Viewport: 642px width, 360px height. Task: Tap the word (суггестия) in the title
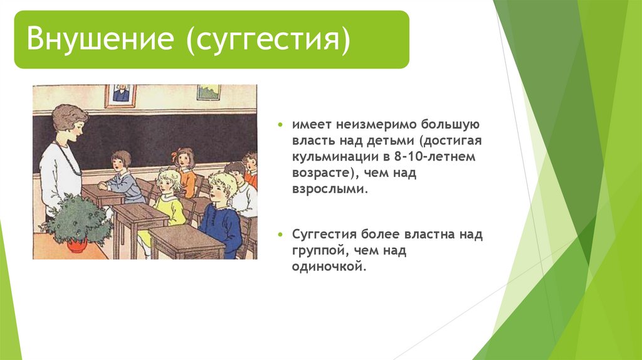click(x=268, y=40)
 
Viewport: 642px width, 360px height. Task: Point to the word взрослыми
click(x=330, y=190)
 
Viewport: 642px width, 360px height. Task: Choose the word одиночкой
click(x=329, y=267)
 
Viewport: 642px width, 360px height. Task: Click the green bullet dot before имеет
click(x=280, y=124)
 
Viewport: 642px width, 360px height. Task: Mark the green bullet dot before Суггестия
click(x=280, y=235)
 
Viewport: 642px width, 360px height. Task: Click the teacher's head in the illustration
click(x=70, y=122)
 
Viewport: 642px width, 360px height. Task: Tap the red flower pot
click(x=77, y=245)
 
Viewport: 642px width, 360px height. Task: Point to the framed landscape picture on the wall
click(x=209, y=92)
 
